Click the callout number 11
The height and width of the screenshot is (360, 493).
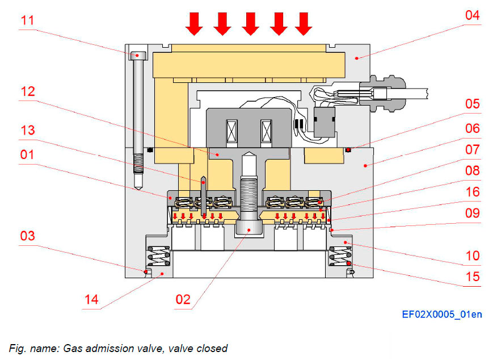27,21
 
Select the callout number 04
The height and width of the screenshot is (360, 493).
472,15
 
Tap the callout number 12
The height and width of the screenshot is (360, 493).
27,91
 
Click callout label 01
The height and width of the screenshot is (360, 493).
27,154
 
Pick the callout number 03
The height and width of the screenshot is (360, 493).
27,236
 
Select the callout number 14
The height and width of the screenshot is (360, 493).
91,299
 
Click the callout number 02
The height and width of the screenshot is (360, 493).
183,299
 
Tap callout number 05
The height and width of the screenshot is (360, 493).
472,103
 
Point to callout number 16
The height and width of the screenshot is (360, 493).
472,192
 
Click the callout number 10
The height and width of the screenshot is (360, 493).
472,256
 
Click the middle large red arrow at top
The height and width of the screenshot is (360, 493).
250,23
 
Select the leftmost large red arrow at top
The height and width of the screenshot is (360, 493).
195,23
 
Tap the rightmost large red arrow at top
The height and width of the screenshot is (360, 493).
304,23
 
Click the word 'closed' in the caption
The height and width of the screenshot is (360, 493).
212,348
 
